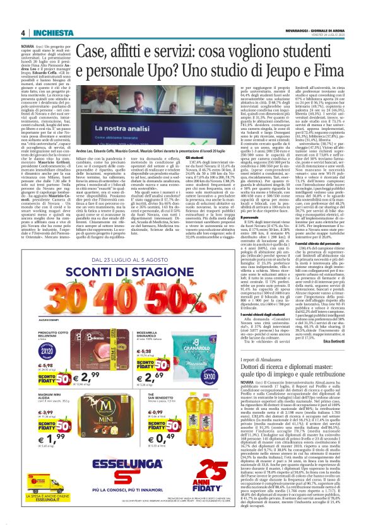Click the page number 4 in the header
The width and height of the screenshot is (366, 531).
point(23,33)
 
